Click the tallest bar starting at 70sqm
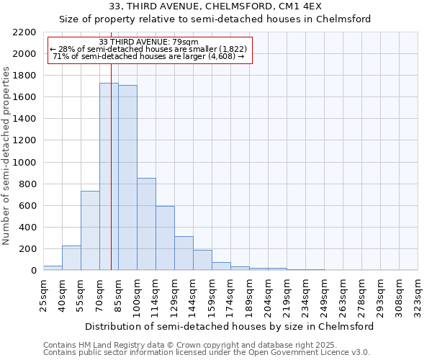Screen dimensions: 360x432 [109, 176]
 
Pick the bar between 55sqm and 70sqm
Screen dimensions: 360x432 [90, 230]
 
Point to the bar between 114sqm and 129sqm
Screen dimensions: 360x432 [165, 238]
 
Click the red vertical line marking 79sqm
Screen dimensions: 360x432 [111, 180]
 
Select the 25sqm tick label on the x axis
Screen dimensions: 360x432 [43, 293]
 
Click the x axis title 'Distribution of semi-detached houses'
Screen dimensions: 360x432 [230, 326]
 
